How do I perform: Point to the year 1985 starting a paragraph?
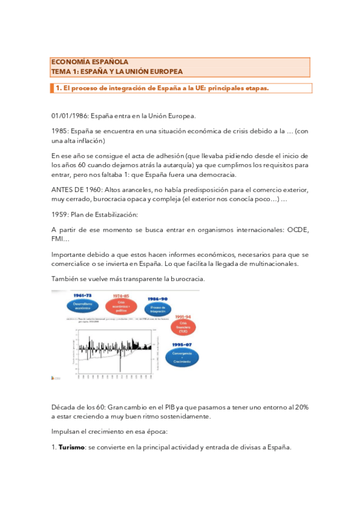(59, 131)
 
